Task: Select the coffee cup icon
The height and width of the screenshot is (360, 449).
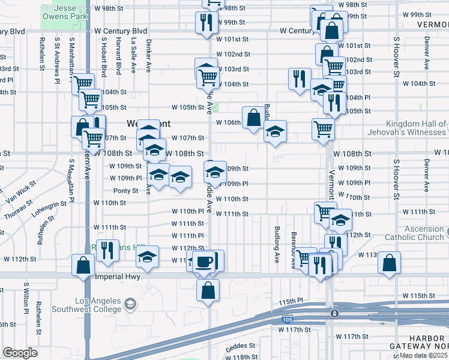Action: click(x=205, y=262)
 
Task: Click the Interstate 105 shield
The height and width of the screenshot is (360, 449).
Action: click(x=286, y=320)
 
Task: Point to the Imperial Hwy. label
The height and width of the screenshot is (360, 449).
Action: click(x=118, y=277)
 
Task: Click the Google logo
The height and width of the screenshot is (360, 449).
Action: click(x=20, y=352)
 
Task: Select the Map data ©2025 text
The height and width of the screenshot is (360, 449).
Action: click(x=423, y=355)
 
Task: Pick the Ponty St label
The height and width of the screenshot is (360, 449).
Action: click(x=124, y=191)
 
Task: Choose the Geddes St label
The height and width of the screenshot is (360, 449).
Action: click(x=241, y=346)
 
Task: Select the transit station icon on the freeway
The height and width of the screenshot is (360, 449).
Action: click(x=334, y=313)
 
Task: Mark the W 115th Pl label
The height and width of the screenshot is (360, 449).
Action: click(x=300, y=301)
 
